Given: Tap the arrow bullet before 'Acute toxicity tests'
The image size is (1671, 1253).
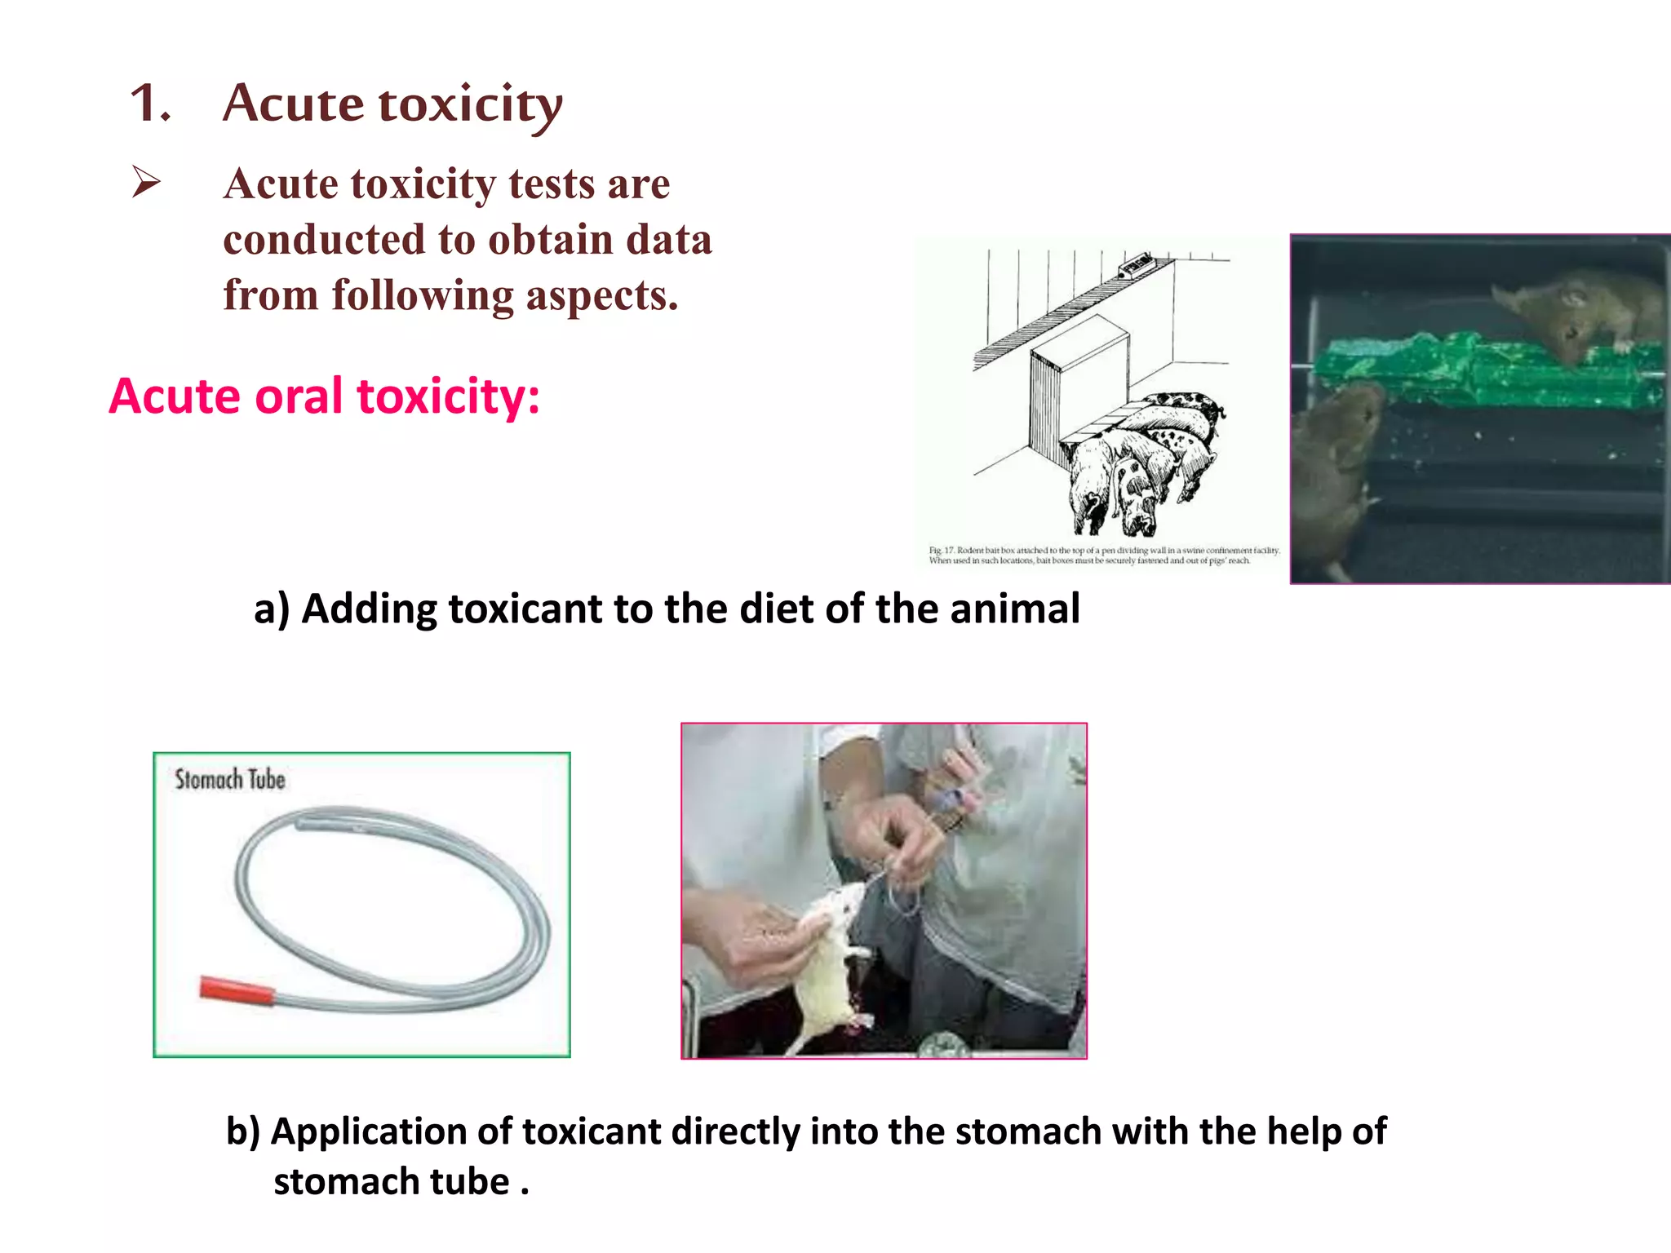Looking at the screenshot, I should [x=146, y=181].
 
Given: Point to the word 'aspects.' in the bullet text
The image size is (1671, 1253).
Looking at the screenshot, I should [x=601, y=295].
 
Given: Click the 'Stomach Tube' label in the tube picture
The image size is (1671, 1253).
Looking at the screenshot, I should [x=230, y=780].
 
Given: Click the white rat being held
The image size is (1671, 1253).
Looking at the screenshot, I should [x=828, y=963].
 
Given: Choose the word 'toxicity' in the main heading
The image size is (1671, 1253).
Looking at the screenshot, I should [x=471, y=104].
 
